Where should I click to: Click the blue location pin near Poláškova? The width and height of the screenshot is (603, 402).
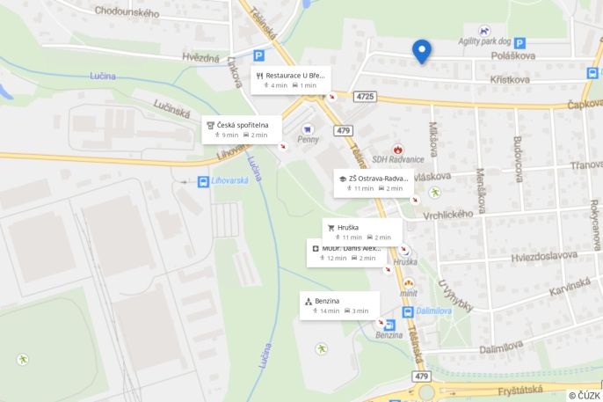point(423,52)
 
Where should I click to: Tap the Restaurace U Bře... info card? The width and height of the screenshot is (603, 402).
point(289,80)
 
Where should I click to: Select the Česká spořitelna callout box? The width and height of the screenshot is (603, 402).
point(242,129)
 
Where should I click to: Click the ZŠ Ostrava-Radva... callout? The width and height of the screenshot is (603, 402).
point(373,183)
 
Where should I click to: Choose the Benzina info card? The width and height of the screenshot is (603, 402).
point(339,305)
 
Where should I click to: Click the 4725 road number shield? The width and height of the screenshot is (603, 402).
point(365,96)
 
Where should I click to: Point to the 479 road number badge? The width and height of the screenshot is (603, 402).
point(343,131)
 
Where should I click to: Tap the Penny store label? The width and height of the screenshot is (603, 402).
point(309,139)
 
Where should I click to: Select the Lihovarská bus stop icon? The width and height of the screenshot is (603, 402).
point(203,181)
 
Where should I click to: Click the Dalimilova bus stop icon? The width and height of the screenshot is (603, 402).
point(408,312)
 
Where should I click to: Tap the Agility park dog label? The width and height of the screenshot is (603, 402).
point(483,41)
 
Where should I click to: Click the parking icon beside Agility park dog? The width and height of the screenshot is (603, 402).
point(519,42)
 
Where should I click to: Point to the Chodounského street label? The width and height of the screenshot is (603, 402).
point(127,13)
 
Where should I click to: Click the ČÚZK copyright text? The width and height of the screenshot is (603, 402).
point(584,395)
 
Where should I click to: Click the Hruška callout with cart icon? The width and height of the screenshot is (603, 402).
point(361,231)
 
